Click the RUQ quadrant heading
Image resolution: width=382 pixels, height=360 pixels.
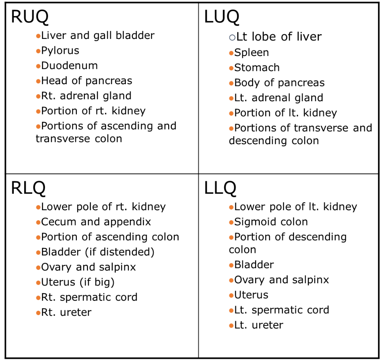[30, 17]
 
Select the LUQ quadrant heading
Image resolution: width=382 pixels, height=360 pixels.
[222, 17]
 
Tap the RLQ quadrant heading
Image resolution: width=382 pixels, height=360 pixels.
[28, 188]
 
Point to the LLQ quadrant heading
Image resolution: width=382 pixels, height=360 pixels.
[220, 188]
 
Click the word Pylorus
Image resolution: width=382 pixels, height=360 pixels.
[60, 51]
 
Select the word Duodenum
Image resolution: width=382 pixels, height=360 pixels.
[70, 66]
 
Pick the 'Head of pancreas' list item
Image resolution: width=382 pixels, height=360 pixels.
[87, 81]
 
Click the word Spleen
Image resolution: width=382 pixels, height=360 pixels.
[251, 53]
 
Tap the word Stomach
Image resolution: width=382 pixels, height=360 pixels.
[257, 68]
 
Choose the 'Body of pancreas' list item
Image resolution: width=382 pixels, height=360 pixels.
[279, 83]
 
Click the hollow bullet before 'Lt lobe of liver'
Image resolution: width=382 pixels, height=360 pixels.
[232, 37]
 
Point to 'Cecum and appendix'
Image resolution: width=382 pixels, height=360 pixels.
[96, 222]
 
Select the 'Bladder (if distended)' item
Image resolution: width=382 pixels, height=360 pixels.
[98, 252]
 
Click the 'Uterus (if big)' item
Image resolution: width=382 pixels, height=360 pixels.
[78, 282]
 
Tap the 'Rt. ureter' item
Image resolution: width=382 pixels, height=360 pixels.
[66, 312]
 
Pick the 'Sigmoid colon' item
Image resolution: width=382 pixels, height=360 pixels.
[271, 222]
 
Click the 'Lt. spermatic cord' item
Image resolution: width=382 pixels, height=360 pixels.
[281, 310]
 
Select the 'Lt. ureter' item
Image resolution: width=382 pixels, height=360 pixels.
[258, 325]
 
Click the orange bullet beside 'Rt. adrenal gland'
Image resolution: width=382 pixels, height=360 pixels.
[38, 96]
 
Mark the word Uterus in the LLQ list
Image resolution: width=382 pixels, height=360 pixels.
[251, 295]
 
